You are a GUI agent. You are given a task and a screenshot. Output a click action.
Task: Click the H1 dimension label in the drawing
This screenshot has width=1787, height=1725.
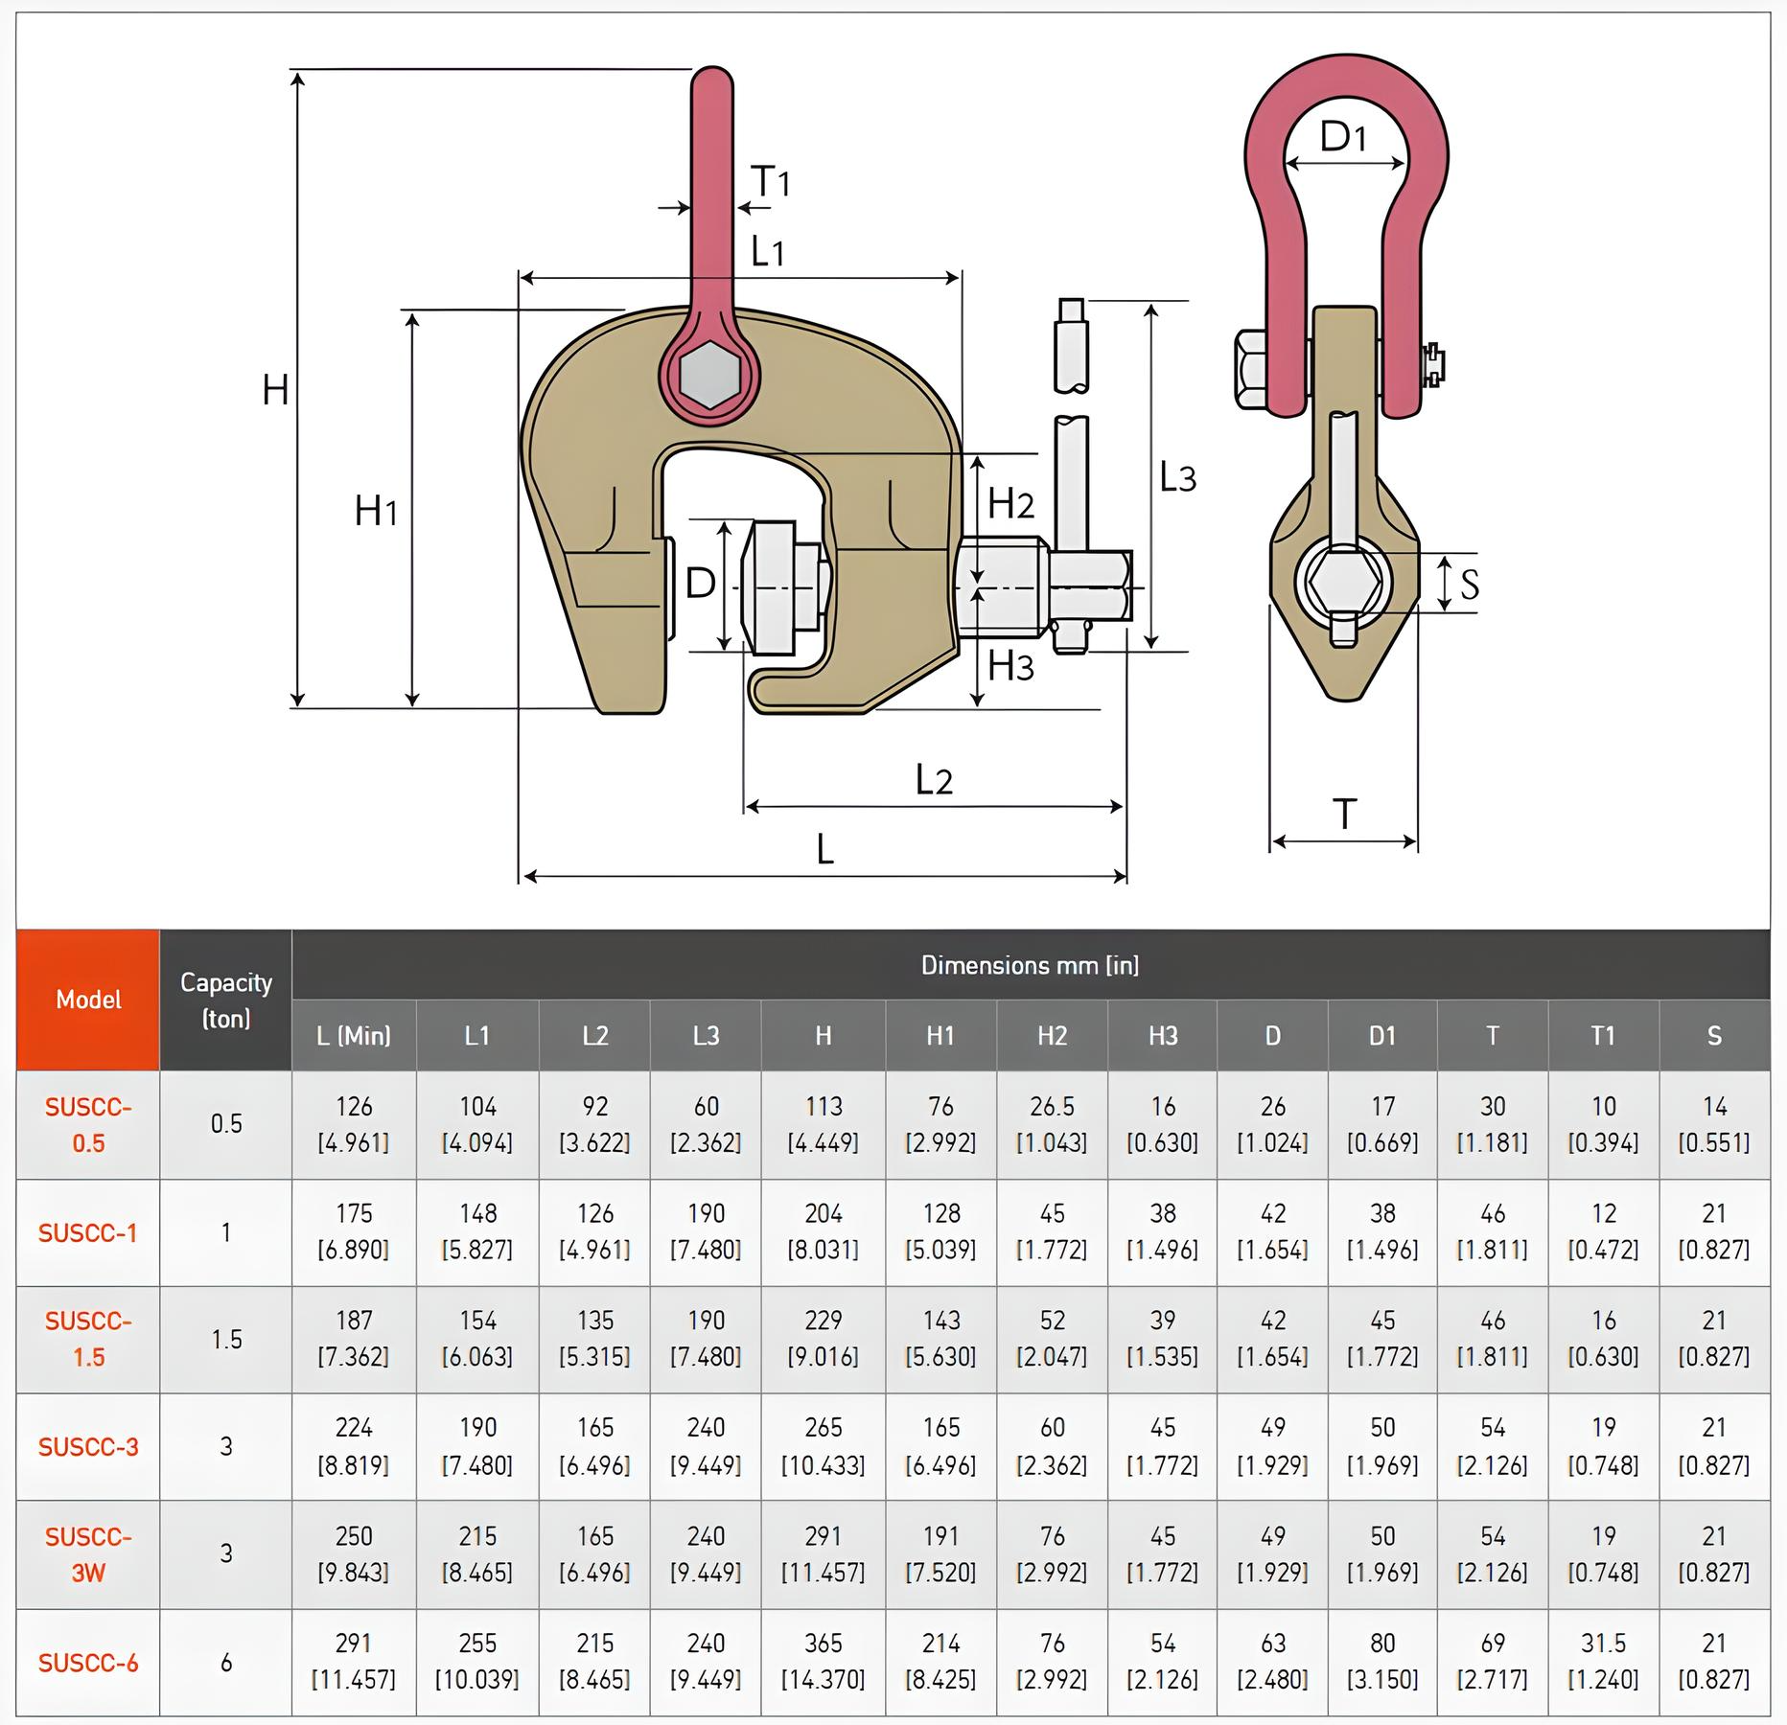coord(376,511)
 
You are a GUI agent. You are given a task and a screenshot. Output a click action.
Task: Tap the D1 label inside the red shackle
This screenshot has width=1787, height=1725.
coord(1342,138)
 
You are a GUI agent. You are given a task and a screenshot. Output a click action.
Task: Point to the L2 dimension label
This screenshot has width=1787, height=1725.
coord(933,780)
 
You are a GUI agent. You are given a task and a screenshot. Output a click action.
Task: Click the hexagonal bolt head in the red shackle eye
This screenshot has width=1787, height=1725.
coord(708,377)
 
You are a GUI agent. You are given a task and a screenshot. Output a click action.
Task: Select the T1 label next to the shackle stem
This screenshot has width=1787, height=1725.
coord(770,180)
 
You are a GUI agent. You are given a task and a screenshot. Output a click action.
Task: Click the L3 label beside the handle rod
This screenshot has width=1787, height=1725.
coord(1177,476)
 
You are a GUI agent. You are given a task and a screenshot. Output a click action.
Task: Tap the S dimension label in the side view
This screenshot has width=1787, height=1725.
coord(1469,583)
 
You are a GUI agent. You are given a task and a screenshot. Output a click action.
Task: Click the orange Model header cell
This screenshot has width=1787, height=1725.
coord(88,1000)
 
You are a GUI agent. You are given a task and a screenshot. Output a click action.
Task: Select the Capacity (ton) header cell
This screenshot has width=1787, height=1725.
coord(226,1000)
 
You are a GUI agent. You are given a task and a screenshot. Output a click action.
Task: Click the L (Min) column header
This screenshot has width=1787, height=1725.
coord(354,1035)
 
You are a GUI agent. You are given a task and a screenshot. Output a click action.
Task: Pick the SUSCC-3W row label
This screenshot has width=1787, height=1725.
coord(88,1554)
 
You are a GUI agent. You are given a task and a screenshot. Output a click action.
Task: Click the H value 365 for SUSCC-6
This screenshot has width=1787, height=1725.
coord(823,1661)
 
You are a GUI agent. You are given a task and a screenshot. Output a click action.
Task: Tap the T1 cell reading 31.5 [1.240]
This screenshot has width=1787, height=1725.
coord(1603,1661)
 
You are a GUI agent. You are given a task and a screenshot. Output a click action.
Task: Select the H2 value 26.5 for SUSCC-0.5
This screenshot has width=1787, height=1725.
coord(1052,1124)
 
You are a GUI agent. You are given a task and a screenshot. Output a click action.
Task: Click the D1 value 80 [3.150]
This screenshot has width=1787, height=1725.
coord(1381,1661)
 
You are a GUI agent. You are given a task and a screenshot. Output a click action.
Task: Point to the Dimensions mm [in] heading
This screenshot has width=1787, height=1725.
coord(1030,965)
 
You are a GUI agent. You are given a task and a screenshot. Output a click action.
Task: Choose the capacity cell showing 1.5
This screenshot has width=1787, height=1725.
coord(226,1339)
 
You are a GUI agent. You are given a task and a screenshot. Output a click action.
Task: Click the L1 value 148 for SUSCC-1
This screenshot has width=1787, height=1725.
coord(477,1231)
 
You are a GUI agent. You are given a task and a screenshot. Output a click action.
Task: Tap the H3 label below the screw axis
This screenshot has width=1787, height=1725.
coord(1010,665)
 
